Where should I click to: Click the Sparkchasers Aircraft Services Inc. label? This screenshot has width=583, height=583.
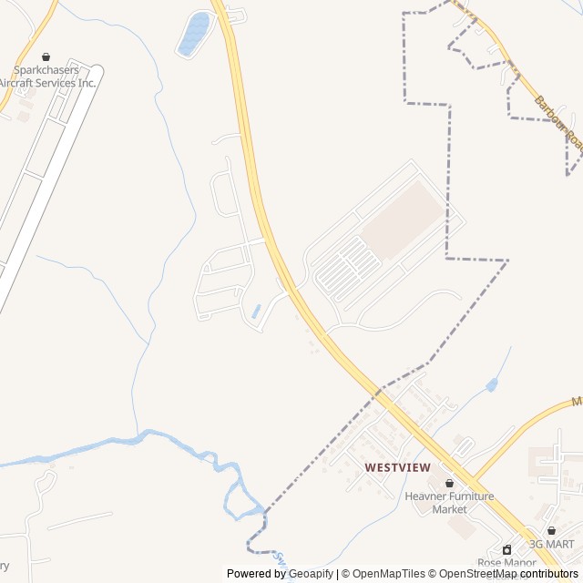click(x=47, y=77)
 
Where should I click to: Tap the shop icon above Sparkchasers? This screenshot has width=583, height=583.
click(x=46, y=56)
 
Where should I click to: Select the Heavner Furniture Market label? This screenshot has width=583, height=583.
click(x=449, y=503)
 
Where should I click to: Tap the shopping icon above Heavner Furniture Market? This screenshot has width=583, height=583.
click(x=449, y=483)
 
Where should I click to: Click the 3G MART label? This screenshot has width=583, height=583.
click(x=552, y=544)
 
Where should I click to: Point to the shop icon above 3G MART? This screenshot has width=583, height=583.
click(x=551, y=530)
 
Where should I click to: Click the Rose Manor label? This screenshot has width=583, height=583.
click(x=507, y=563)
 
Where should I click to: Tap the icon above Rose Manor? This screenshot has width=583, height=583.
click(x=507, y=549)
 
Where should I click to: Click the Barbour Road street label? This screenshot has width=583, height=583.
click(x=556, y=122)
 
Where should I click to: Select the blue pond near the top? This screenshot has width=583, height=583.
click(x=194, y=34)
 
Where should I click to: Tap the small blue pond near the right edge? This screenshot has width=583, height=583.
click(x=492, y=384)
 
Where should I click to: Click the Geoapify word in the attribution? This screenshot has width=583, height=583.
click(x=311, y=574)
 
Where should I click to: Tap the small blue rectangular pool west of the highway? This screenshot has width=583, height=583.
click(x=255, y=311)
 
